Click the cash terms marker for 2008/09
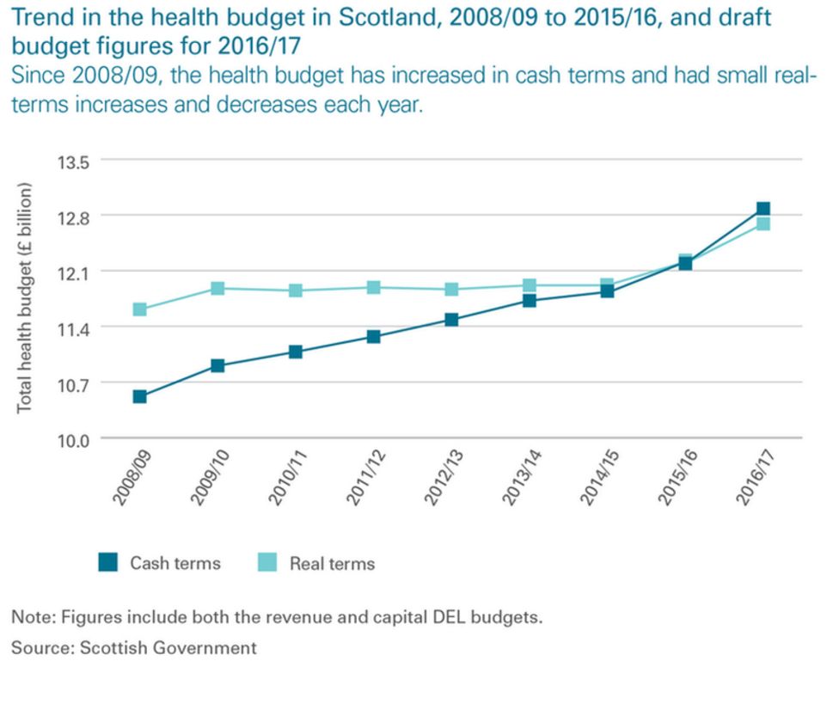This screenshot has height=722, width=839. click(139, 396)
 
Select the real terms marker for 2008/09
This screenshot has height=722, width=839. click(139, 309)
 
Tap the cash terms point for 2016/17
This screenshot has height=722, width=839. click(763, 209)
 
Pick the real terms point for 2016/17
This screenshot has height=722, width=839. click(763, 223)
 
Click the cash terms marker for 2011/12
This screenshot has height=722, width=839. click(373, 336)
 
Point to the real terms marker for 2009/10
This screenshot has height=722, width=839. click(217, 288)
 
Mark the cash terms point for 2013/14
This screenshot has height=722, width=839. click(530, 301)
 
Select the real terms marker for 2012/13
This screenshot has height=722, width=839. click(451, 290)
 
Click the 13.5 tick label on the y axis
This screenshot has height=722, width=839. click(73, 162)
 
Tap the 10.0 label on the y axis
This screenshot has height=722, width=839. click(73, 441)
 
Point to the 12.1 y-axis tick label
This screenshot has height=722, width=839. click(73, 274)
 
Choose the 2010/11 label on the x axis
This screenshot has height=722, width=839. click(288, 478)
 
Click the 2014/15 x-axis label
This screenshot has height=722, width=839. click(600, 478)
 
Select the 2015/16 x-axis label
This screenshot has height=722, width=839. click(678, 478)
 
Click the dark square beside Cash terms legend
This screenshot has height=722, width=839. click(107, 562)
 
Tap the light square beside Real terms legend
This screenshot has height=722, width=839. click(267, 562)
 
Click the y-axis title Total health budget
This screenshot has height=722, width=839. click(24, 298)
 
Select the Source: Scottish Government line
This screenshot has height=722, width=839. click(134, 648)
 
